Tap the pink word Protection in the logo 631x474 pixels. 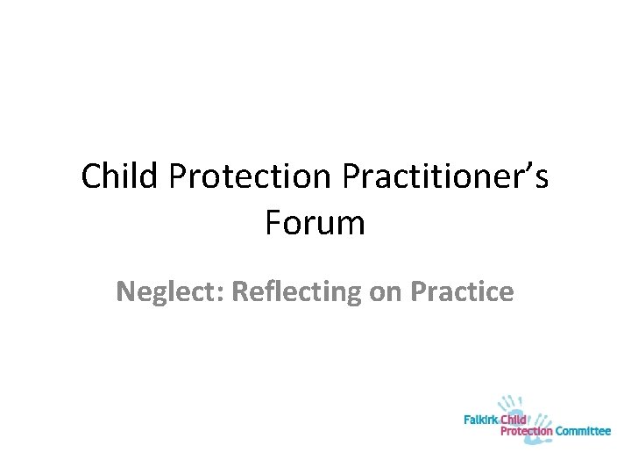coord(526,431)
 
